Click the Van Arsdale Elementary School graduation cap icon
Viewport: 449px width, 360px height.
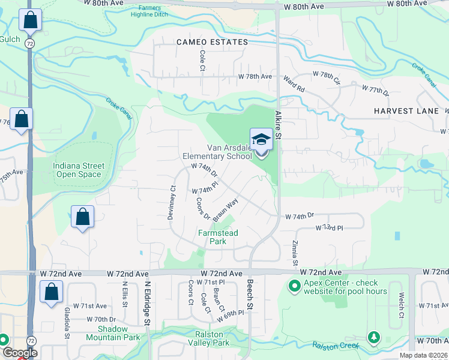click(261, 140)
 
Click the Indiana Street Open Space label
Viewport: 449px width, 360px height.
click(79, 170)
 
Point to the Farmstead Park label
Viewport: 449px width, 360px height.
click(218, 237)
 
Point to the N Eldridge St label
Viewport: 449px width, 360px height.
click(146, 304)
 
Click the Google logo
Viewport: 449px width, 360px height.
click(19, 353)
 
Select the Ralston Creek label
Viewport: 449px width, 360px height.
click(335, 346)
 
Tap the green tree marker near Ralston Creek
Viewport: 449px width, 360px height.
click(374, 338)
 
